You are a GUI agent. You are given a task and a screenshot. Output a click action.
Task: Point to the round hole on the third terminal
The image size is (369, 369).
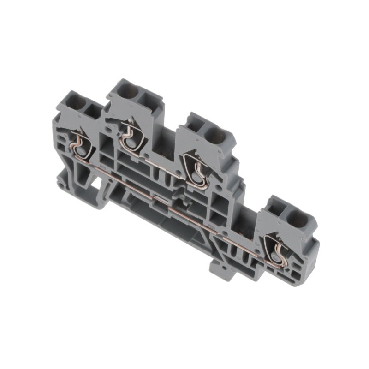click(x=215, y=136)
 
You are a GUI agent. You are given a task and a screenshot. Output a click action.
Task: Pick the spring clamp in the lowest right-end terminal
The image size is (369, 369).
click(x=277, y=251)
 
